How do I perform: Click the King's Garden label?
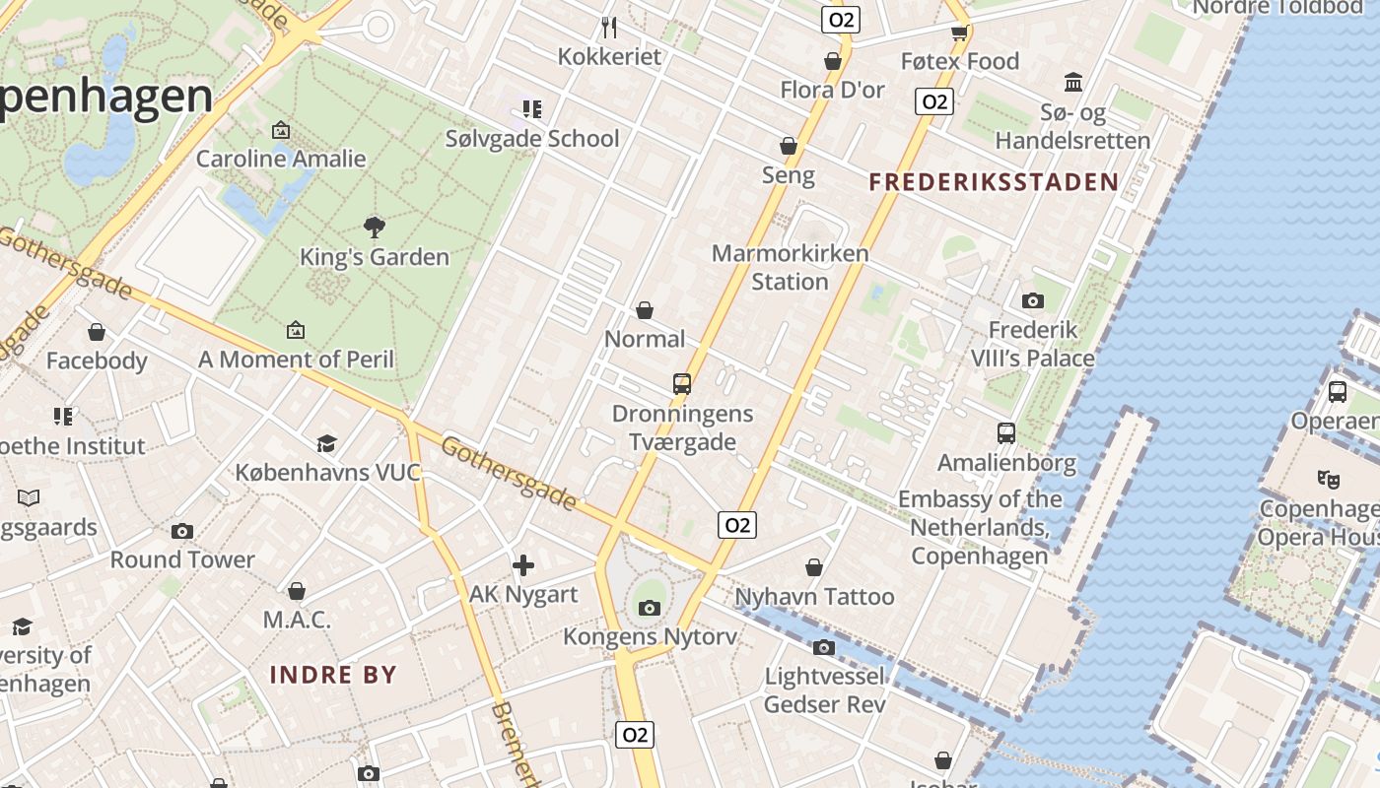click(374, 257)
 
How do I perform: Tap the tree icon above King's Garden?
click(374, 228)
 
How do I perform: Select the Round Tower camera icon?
click(182, 532)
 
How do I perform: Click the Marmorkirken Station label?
click(790, 267)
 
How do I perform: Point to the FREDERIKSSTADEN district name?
click(995, 181)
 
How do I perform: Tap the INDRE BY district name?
click(333, 675)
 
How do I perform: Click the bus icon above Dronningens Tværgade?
click(681, 384)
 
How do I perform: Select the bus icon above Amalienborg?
click(1005, 433)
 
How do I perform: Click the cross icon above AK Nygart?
click(523, 565)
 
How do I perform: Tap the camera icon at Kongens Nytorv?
click(649, 608)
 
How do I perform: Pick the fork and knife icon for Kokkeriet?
click(609, 27)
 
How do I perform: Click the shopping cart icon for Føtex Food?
click(959, 32)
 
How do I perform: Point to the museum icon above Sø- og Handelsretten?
click(1072, 83)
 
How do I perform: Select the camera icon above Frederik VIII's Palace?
click(1032, 300)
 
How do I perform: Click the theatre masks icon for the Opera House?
click(1328, 480)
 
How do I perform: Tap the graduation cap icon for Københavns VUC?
click(326, 443)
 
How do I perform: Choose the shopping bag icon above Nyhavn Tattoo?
click(814, 567)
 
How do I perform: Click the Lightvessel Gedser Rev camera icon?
click(824, 647)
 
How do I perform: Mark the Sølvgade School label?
click(532, 139)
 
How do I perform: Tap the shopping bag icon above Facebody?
click(97, 332)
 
